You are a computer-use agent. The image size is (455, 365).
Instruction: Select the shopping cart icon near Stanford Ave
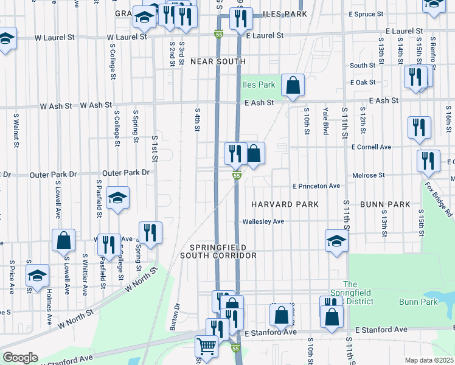pos(206,346)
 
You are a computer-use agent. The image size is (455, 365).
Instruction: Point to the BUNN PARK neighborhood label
pos(384,204)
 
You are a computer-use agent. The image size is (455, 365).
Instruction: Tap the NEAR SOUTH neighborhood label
pos(218,61)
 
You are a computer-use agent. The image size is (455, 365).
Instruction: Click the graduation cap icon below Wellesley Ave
pos(336,241)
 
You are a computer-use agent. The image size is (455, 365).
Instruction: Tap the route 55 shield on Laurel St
pos(218,35)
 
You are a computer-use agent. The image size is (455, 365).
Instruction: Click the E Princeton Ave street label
pos(316,186)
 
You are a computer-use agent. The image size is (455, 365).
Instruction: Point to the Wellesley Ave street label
pos(263,221)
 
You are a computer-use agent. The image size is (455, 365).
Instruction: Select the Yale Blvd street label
pos(326,118)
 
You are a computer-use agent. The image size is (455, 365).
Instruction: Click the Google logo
pos(20,358)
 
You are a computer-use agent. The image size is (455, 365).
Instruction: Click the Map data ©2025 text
pos(429,360)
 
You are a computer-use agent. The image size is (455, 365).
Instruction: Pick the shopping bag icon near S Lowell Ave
pos(63,240)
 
